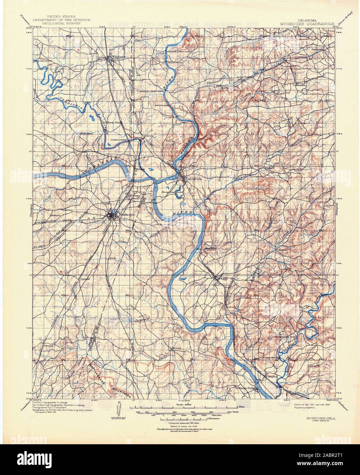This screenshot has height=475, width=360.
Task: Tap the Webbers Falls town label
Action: (x=245, y=389)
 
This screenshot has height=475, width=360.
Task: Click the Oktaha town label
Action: (x=49, y=346)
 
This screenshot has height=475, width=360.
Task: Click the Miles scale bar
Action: (x=184, y=407)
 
